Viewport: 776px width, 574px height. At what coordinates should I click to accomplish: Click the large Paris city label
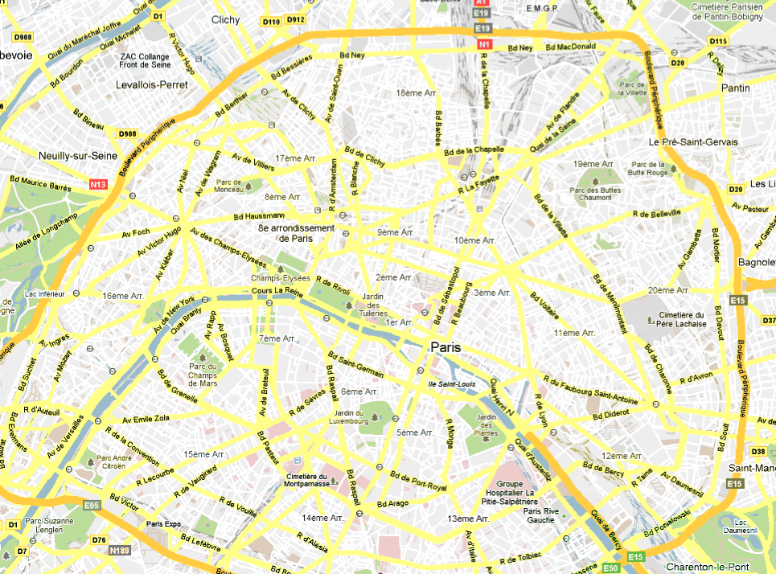[x=446, y=347]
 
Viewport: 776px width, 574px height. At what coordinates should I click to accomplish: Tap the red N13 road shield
[x=98, y=184]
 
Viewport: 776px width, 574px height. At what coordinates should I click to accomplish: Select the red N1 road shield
[x=483, y=45]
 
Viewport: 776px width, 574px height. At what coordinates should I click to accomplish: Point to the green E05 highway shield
[x=91, y=505]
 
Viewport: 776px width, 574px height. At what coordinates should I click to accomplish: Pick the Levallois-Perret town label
[x=151, y=84]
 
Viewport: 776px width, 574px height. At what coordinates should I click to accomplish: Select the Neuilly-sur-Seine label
[x=78, y=155]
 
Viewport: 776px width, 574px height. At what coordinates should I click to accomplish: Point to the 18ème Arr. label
[x=417, y=93]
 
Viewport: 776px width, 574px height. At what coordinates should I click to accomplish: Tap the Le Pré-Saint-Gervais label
[x=693, y=141]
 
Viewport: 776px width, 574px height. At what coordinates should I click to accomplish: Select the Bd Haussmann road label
[x=259, y=216]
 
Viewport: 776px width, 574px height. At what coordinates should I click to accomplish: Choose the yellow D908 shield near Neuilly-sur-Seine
[x=127, y=133]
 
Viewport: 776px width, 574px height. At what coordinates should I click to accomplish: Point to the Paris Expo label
[x=163, y=524]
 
